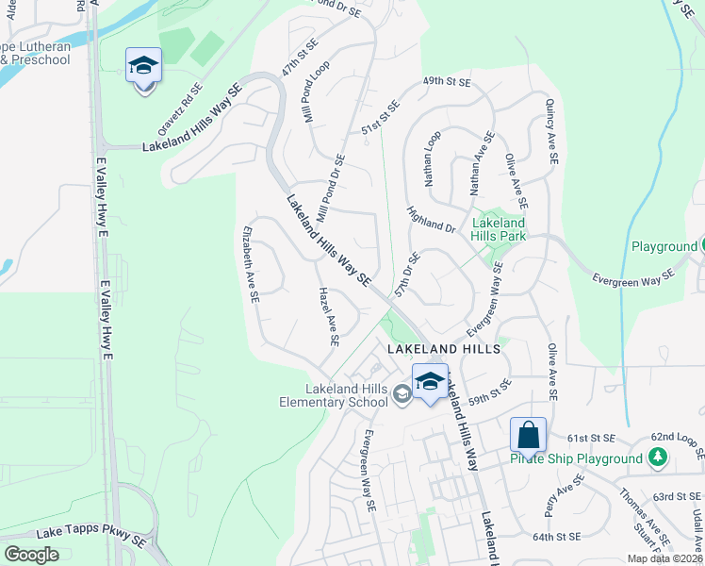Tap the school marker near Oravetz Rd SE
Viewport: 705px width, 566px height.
(x=143, y=65)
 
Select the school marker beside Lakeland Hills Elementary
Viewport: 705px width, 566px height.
(x=430, y=381)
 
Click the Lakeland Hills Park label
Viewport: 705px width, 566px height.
(x=499, y=229)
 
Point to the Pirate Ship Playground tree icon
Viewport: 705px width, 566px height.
(x=658, y=458)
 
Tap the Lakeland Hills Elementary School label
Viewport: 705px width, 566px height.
(x=347, y=395)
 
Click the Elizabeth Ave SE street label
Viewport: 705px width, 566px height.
(x=251, y=263)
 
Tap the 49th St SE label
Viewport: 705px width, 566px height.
(x=447, y=82)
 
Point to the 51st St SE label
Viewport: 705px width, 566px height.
(x=381, y=118)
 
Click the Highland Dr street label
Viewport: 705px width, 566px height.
(x=431, y=220)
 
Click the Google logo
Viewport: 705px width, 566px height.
(x=31, y=555)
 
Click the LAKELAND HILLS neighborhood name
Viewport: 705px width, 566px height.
(x=442, y=348)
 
